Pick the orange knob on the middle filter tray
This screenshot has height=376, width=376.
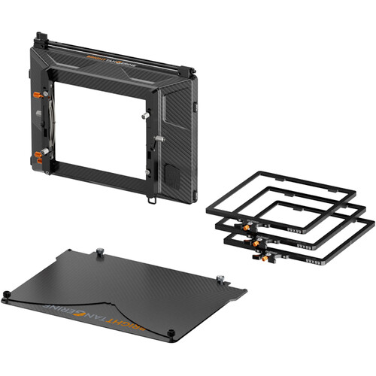tap(256, 244)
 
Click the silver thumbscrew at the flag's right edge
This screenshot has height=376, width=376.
tap(220, 279)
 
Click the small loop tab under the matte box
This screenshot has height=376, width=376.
tap(152, 200)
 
